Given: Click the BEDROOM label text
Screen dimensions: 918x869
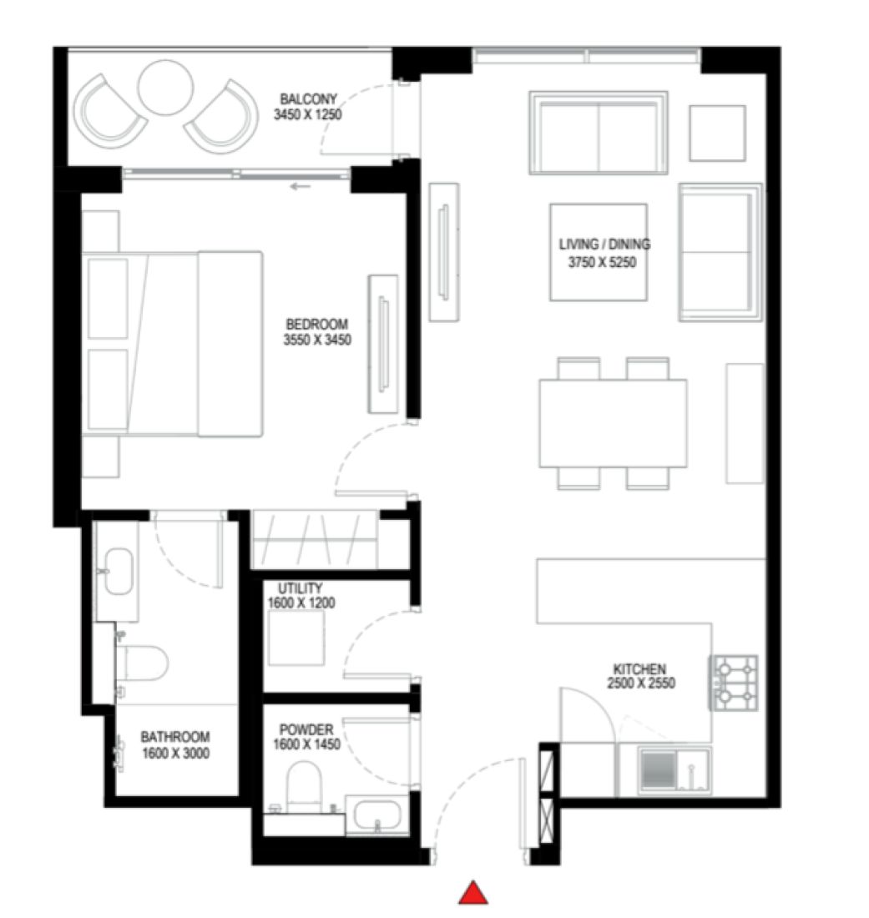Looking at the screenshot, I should click(316, 325).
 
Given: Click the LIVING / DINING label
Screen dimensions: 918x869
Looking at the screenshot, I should click(604, 245).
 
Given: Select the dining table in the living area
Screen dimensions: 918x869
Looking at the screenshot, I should click(613, 423).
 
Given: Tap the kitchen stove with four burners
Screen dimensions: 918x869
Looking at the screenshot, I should click(734, 683).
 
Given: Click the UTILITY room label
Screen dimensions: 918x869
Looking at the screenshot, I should click(300, 588).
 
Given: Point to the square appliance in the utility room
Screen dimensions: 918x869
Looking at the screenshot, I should click(296, 638).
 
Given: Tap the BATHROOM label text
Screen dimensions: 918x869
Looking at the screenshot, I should click(174, 737).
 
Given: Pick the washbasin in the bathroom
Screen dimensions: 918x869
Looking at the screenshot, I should click(118, 571).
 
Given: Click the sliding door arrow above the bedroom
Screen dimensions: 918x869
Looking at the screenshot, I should click(301, 186).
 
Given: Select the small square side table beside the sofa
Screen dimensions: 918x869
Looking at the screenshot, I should click(716, 133).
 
